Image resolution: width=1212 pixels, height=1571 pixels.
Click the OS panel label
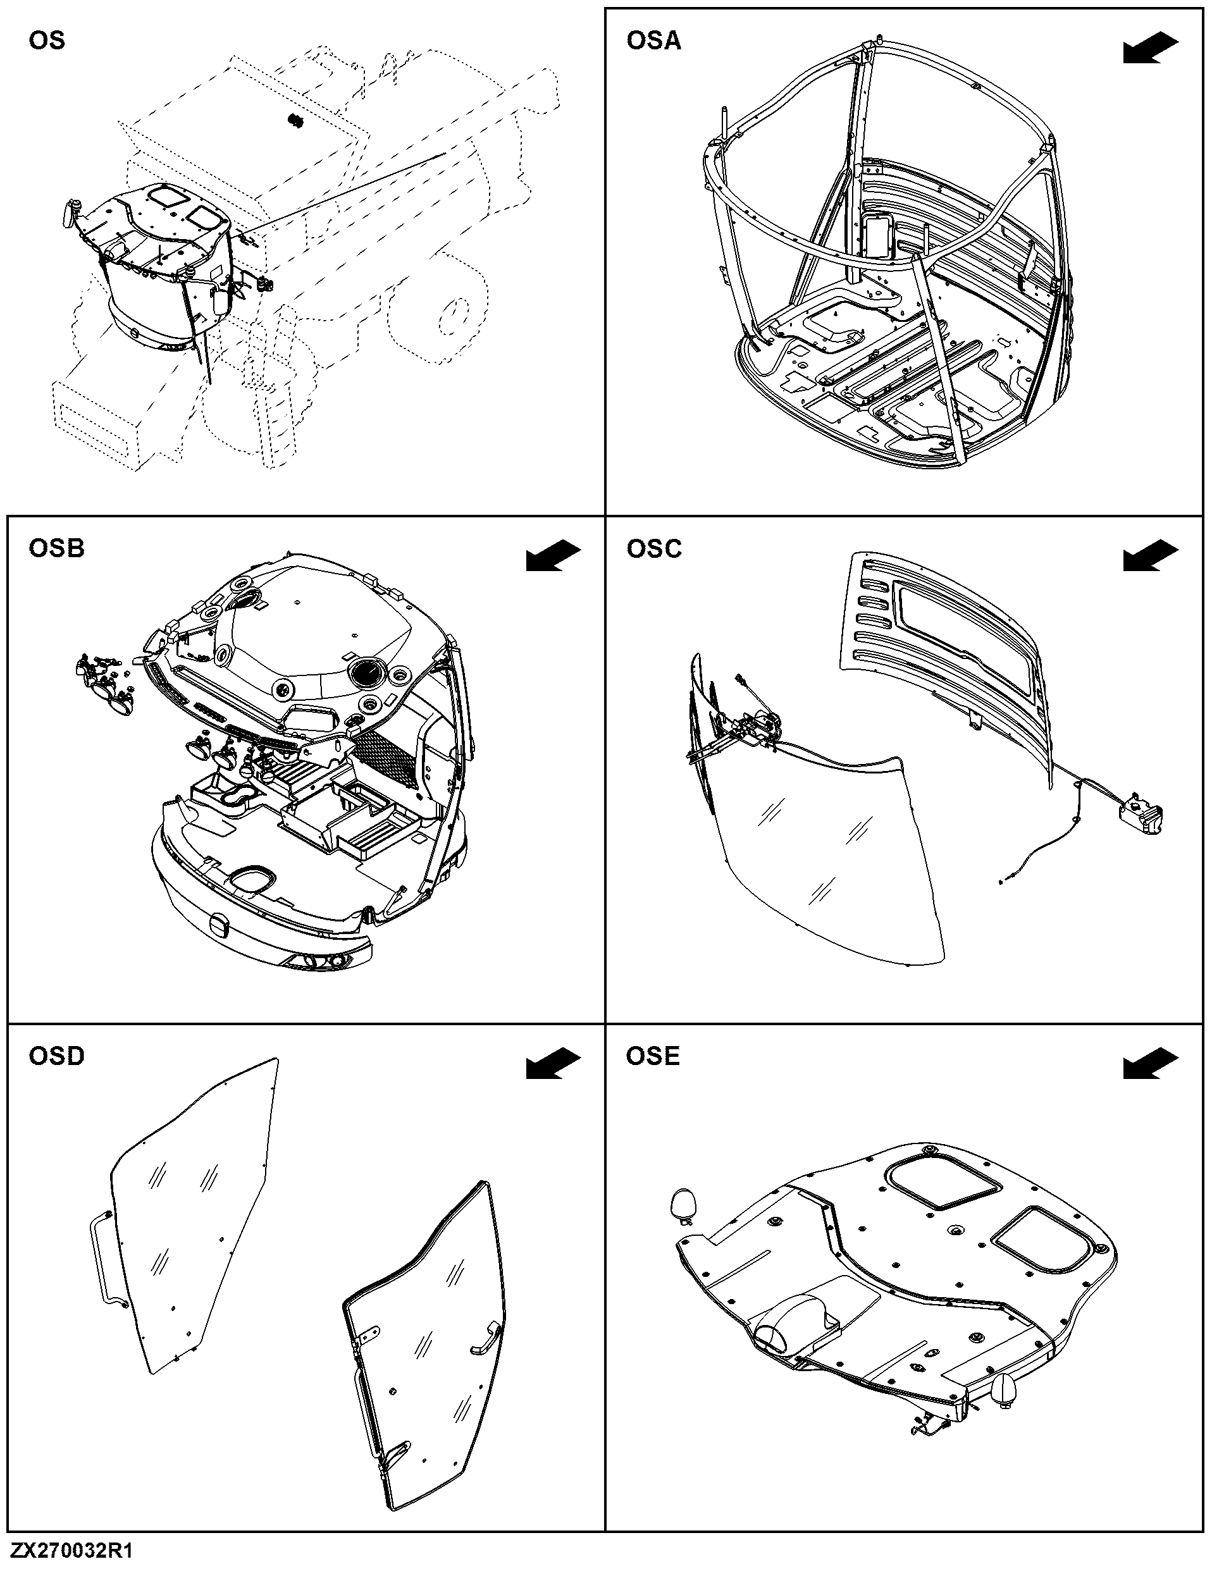pyautogui.click(x=47, y=40)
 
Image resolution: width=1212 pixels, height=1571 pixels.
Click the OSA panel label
pyautogui.click(x=653, y=41)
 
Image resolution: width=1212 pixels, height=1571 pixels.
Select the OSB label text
pyautogui.click(x=56, y=549)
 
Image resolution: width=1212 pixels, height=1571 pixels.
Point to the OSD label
pyautogui.click(x=56, y=1056)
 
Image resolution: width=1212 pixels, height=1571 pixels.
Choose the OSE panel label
pyautogui.click(x=652, y=1056)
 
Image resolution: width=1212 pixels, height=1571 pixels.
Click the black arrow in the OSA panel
pyautogui.click(x=1151, y=48)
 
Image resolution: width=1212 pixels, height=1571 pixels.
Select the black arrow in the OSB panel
pyautogui.click(x=553, y=556)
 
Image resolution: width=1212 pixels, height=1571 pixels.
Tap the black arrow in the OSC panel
pyautogui.click(x=1151, y=556)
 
